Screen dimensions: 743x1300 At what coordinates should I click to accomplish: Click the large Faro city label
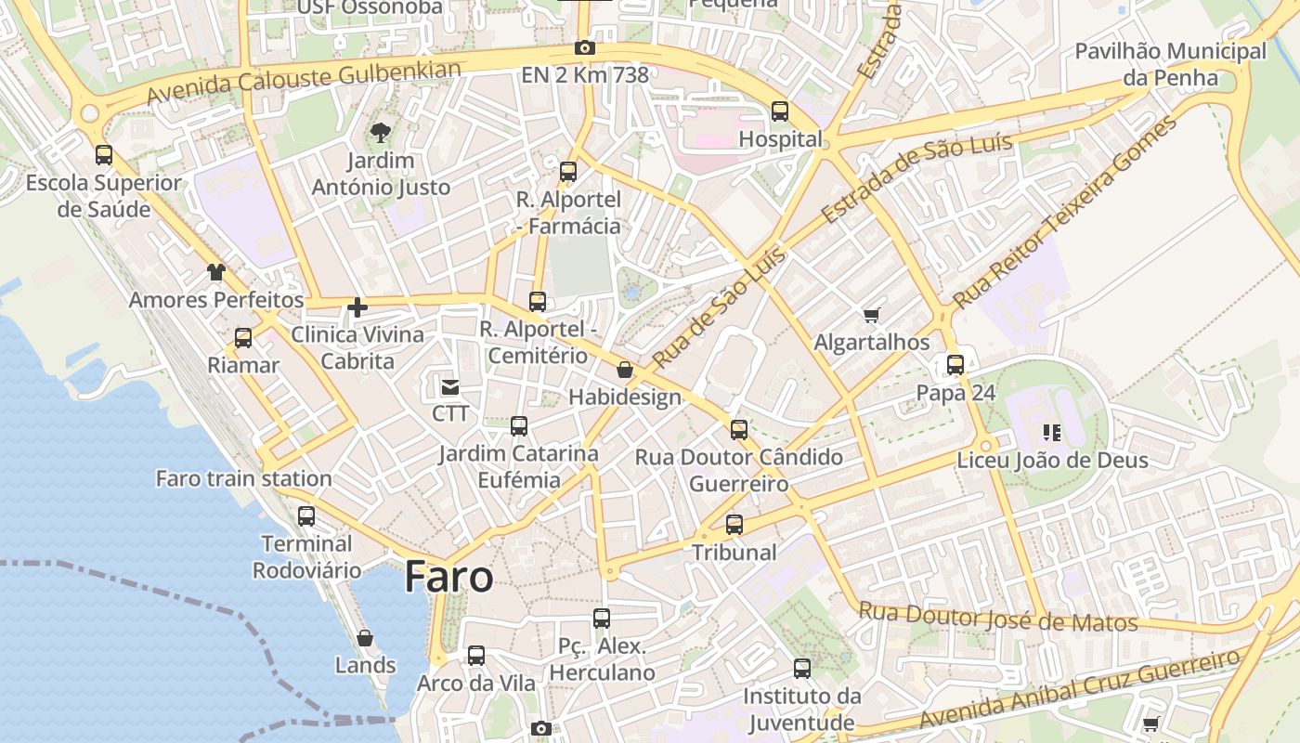pos(449,578)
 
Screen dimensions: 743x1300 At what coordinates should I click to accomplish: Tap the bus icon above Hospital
pos(780,111)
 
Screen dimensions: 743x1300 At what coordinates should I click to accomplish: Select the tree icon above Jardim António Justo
pos(380,133)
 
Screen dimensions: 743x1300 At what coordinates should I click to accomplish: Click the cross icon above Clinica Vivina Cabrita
pos(357,307)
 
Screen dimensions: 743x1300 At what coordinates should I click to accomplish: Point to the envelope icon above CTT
pos(450,386)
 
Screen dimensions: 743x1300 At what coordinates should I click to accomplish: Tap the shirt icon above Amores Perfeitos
pos(216,272)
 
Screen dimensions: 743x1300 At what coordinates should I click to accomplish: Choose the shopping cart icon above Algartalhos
pos(871,316)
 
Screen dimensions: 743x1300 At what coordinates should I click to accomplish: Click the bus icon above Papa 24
pos(955,365)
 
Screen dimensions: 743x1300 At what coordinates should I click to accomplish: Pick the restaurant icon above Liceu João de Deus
pos(1052,432)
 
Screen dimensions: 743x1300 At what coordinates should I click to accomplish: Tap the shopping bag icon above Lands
pos(365,638)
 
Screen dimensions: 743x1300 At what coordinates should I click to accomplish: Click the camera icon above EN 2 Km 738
pos(585,48)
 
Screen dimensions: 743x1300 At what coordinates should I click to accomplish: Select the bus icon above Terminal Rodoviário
pos(306,516)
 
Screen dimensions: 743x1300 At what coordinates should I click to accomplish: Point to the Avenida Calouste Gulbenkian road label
pos(304,82)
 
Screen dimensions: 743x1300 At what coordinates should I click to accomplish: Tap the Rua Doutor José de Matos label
pos(997,617)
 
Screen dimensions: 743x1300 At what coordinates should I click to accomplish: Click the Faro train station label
pos(243,479)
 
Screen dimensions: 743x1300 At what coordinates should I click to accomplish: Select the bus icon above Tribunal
pos(734,525)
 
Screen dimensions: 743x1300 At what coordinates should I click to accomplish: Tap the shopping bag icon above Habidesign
pos(625,370)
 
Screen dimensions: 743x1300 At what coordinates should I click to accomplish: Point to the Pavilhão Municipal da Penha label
pos(1170,64)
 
